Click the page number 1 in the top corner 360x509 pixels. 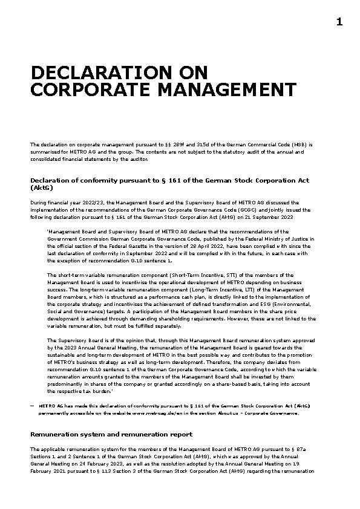[339, 22]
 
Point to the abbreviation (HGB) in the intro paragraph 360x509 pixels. [300, 144]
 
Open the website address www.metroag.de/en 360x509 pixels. [153, 413]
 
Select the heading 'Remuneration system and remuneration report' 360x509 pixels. [111, 434]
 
